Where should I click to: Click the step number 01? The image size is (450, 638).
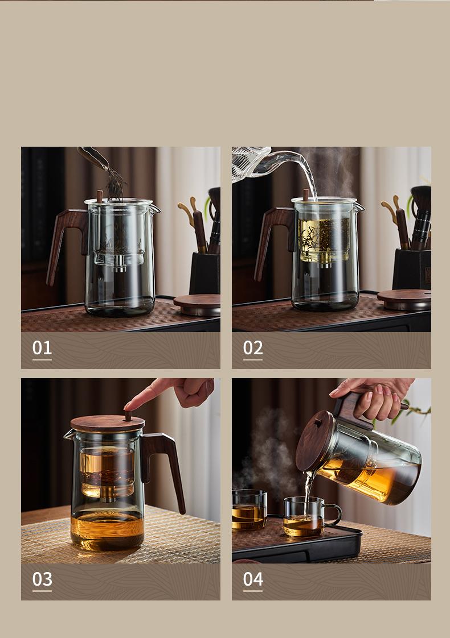pos(42,348)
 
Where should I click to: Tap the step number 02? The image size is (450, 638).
pos(253,348)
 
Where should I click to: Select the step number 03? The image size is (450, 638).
pos(42,579)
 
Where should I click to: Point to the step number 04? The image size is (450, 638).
pos(253,579)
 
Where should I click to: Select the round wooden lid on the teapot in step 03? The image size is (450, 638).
pos(107,424)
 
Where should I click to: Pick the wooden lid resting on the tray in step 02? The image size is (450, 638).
pos(404,299)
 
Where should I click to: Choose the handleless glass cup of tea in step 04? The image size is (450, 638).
pos(249,509)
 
